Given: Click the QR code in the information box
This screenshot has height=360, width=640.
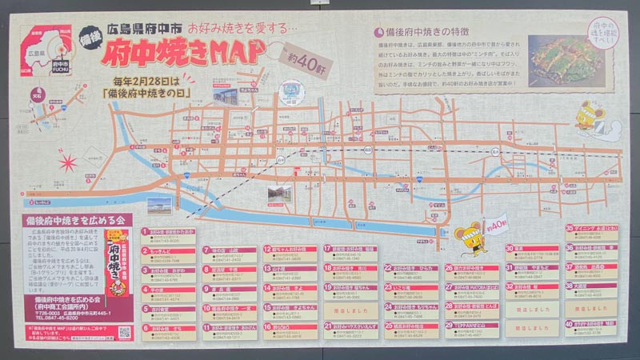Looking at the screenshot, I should (124, 330).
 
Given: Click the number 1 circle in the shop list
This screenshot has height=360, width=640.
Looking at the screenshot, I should (146, 230).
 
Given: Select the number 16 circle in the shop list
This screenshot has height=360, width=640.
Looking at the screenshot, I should (267, 326).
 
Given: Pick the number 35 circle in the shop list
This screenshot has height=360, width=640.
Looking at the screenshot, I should (570, 228).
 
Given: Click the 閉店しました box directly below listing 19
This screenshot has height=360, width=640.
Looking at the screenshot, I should (351, 307).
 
